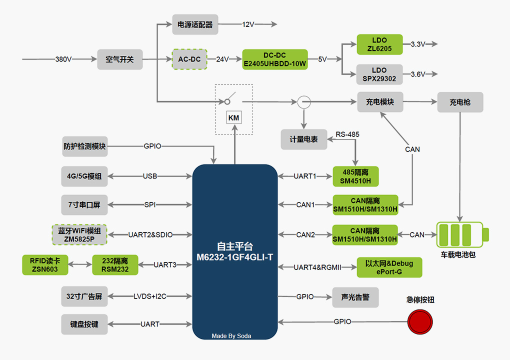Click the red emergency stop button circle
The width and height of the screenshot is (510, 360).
coord(420,321)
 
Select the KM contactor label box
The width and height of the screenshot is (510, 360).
coord(233,118)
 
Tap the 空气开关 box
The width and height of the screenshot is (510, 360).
coord(119,59)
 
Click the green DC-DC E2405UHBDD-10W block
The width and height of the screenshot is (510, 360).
coord(274,59)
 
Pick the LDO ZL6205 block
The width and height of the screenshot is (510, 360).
coord(379,44)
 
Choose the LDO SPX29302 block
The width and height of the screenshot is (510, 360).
coord(379,74)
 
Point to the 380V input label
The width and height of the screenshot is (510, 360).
coord(63,59)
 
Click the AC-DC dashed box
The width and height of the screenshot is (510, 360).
coord(189,59)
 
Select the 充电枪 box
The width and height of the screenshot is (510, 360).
coord(460,102)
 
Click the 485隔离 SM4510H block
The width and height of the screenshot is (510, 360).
coord(355,176)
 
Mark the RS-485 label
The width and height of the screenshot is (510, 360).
coord(347,134)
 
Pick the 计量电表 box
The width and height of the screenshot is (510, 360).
coord(304,139)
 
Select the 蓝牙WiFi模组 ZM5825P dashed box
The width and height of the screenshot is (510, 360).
coord(79,234)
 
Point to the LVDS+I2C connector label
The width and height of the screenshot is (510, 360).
coord(150,296)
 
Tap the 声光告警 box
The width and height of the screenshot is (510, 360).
coord(355,297)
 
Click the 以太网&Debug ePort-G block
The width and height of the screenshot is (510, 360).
coord(389,267)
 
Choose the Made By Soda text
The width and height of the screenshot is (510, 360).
coord(231,336)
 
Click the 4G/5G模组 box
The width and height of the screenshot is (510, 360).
coord(84,176)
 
